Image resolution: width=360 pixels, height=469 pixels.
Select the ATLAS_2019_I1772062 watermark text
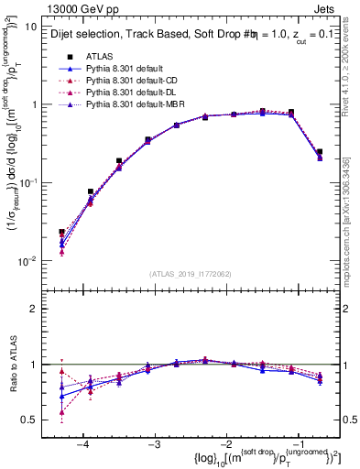click(x=190, y=274)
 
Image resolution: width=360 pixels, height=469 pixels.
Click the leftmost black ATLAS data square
click(x=61, y=233)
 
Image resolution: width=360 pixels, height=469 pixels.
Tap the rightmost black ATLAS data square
click(x=319, y=152)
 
